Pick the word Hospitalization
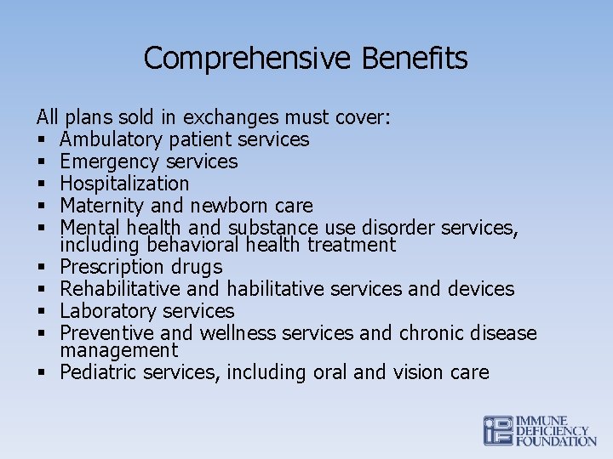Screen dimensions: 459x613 point(124,184)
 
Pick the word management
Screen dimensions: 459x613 point(119,350)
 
